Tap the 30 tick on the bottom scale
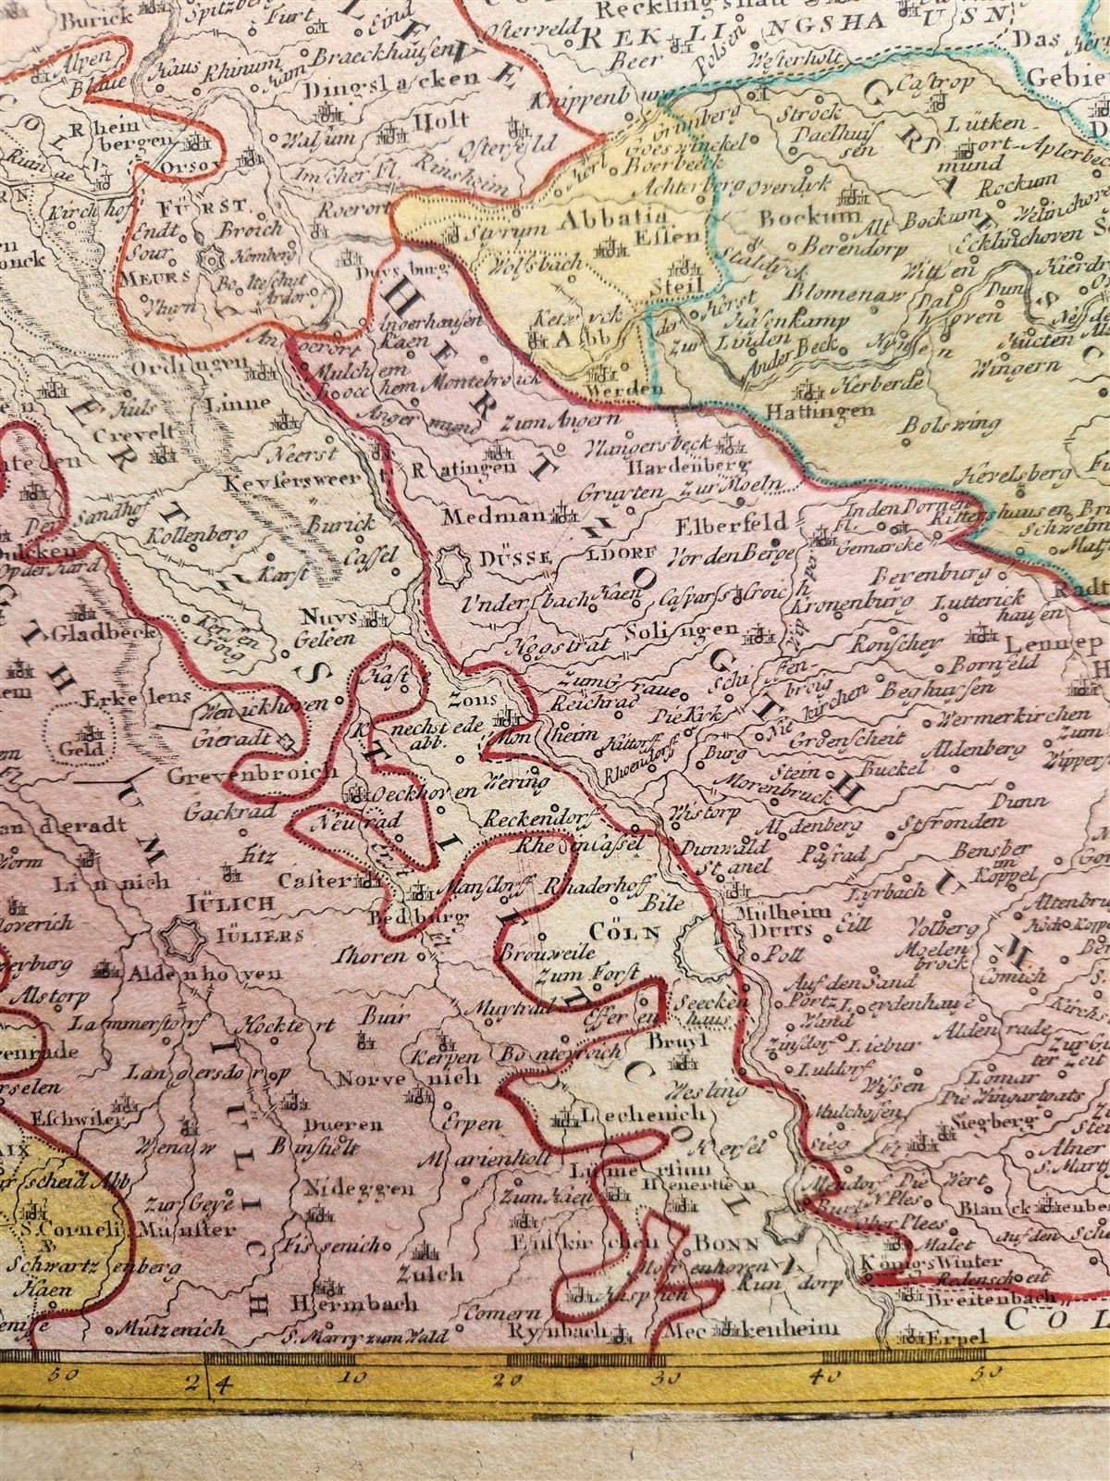click(656, 1359)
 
